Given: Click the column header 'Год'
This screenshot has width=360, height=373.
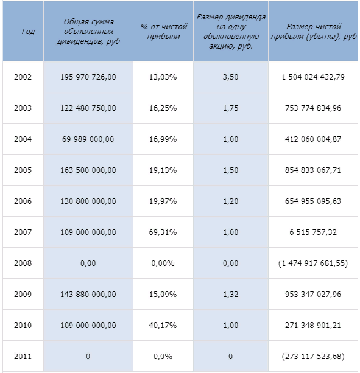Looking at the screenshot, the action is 28,31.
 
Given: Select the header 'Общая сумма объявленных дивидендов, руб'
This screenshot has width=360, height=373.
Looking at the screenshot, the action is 88,32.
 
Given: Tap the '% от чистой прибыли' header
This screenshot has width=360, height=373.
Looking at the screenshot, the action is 163,31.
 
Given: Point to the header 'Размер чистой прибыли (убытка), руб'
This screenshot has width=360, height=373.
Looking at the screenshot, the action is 314,31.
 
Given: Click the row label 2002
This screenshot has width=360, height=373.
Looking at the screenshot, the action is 23,77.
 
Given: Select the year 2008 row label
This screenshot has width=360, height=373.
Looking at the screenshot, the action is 23,263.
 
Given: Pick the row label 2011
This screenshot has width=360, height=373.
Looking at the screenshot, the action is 23,356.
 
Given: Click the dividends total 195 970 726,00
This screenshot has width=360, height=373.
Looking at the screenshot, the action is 88,77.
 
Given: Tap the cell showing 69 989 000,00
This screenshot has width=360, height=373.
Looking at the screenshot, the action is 88,139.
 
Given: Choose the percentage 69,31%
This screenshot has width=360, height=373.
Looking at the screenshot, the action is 163,232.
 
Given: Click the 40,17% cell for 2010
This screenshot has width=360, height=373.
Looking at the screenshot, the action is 163,325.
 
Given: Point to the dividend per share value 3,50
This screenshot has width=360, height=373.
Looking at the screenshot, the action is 230,77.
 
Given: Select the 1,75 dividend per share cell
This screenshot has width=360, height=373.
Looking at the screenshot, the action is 230,108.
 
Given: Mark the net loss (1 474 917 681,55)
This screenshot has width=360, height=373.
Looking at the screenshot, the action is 313,263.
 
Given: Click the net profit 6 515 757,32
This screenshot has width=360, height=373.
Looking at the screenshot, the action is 313,232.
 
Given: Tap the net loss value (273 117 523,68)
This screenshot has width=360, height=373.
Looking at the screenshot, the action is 313,356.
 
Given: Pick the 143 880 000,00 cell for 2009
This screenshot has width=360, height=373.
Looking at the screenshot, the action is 88,294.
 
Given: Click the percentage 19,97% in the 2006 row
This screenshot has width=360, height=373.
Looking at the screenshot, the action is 163,201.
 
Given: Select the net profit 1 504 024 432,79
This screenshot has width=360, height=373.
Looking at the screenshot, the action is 313,77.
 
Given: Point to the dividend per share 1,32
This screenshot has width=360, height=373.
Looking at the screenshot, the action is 230,294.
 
